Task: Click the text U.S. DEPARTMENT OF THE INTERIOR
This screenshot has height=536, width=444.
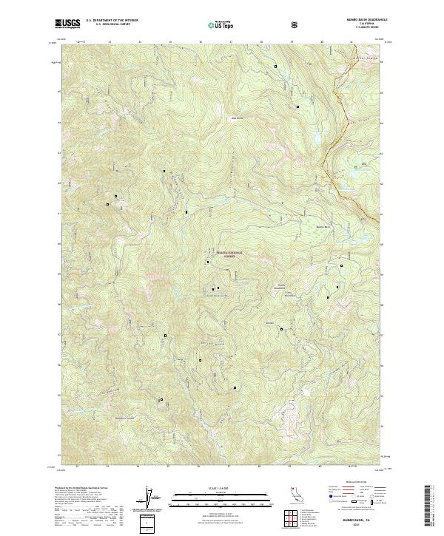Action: click(112, 21)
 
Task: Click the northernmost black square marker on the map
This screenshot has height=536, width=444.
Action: click(276, 67)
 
